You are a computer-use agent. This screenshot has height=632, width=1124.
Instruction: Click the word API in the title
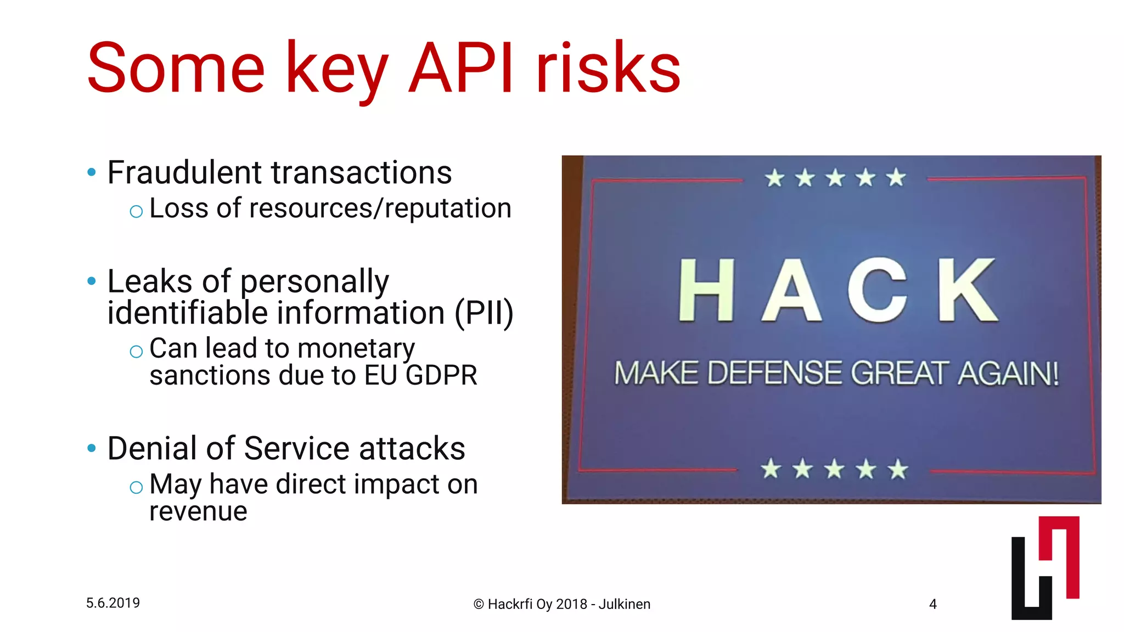pyautogui.click(x=461, y=69)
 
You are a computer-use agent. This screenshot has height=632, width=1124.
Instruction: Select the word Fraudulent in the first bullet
pyautogui.click(x=184, y=172)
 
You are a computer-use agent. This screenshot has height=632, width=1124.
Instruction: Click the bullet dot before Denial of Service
pyautogui.click(x=92, y=448)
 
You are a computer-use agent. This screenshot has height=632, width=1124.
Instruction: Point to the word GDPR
pyautogui.click(x=442, y=376)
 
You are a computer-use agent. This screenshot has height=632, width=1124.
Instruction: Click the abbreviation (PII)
pyautogui.click(x=484, y=313)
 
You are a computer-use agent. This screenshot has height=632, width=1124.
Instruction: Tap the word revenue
pyautogui.click(x=198, y=512)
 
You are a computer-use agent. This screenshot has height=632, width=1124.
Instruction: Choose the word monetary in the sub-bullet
pyautogui.click(x=356, y=349)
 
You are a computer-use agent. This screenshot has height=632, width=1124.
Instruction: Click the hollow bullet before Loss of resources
pyautogui.click(x=136, y=211)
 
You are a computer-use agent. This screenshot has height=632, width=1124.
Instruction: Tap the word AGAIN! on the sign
pyautogui.click(x=1009, y=374)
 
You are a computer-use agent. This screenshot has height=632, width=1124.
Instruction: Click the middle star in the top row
pyautogui.click(x=835, y=178)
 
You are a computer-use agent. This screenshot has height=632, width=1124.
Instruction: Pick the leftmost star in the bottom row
pyautogui.click(x=771, y=469)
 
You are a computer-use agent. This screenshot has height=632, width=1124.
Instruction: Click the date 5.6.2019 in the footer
pyautogui.click(x=113, y=603)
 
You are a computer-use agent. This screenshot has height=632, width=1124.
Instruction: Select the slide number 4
pyautogui.click(x=932, y=604)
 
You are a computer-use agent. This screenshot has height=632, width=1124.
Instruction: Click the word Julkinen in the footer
pyautogui.click(x=624, y=604)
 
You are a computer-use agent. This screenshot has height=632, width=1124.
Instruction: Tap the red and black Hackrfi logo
pyautogui.click(x=1045, y=568)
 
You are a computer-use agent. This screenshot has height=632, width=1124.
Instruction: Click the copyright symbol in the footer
pyautogui.click(x=478, y=605)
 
